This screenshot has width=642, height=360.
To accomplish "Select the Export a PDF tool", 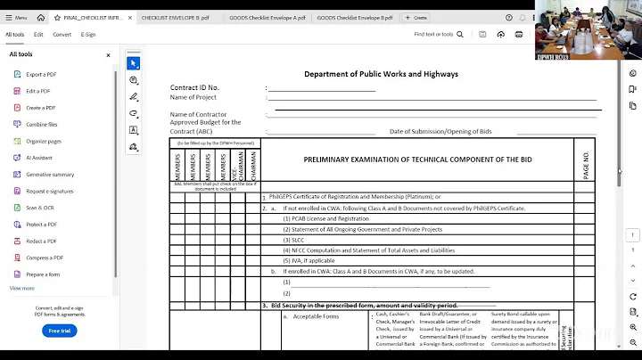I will click(x=41, y=74).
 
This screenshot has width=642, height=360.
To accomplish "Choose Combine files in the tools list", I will click(x=42, y=124).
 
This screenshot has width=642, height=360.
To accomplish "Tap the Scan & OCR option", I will click(x=40, y=208).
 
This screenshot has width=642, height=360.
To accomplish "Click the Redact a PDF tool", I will click(x=42, y=241).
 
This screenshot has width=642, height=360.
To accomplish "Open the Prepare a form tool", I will click(x=43, y=274).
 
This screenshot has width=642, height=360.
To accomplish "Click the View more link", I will click(x=22, y=288).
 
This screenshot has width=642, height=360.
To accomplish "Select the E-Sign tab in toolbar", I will click(x=88, y=35).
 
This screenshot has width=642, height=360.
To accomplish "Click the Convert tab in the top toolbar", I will click(x=62, y=35).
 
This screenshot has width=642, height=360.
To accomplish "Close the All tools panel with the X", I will click(x=109, y=55).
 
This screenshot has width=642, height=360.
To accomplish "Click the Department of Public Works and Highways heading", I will click(x=381, y=74).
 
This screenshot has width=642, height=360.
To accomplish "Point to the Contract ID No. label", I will click(x=194, y=87).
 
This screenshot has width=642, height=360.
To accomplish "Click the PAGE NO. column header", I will click(x=586, y=165).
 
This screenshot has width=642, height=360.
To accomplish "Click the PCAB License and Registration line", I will click(x=325, y=218).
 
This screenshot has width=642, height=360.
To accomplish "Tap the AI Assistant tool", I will click(x=40, y=158).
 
